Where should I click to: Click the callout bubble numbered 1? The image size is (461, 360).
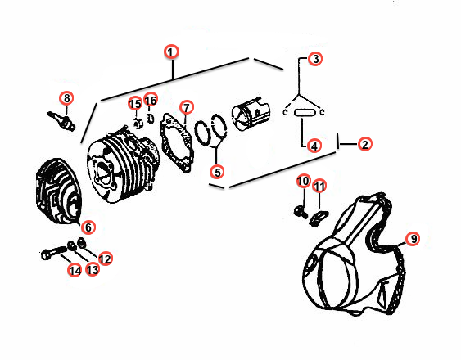171,52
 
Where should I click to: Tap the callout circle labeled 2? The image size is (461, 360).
365,144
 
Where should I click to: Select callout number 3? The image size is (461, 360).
315,59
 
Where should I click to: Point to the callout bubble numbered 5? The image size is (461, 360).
217,172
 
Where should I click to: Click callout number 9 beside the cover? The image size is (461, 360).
414,239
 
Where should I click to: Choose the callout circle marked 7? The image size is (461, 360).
187,107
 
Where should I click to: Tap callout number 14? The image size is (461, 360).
75,270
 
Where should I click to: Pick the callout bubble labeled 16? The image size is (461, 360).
151,100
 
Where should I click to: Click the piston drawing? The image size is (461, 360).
251,114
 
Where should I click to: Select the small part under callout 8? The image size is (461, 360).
61,120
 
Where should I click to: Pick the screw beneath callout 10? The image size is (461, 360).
301,211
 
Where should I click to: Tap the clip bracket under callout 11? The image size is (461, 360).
319,218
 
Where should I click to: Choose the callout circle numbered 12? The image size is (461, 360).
105,259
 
